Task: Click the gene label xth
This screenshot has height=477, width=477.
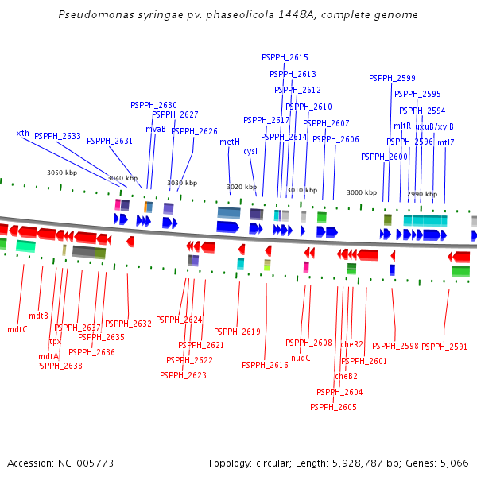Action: point(23,134)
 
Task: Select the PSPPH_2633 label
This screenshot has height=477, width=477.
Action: point(57,136)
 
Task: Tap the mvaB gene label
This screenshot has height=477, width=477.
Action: point(156,129)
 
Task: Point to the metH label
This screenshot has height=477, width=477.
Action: point(230,142)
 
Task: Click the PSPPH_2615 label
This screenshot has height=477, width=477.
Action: point(285,57)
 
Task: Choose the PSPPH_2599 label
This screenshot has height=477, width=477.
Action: point(392,78)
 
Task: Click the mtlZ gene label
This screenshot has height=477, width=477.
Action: point(446,142)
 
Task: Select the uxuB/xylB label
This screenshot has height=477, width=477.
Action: point(434,126)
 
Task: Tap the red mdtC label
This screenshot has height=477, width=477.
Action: point(17,329)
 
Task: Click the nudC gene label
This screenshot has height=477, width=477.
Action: point(301,358)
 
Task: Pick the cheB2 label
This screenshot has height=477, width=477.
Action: point(346,376)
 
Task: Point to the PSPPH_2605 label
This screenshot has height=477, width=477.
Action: point(333,407)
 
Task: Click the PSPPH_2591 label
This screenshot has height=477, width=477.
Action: point(444,347)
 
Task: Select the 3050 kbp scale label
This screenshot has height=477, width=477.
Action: point(62,173)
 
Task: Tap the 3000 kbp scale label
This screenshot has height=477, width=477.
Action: point(362,192)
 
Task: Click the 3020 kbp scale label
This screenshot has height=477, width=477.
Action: point(242,187)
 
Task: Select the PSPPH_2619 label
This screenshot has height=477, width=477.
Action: point(237,332)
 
